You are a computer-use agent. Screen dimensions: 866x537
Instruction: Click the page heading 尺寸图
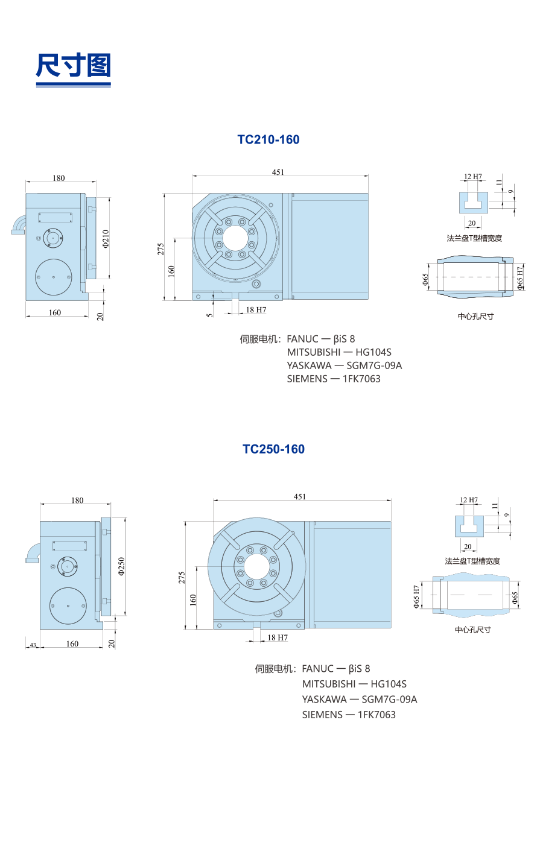pos(73,66)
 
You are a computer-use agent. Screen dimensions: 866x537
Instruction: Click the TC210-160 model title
pos(268,139)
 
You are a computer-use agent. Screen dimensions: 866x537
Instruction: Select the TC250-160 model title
pos(273,449)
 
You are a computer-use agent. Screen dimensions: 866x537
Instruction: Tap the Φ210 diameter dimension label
pos(106,238)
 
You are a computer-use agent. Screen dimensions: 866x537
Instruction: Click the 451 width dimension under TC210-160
pos(278,172)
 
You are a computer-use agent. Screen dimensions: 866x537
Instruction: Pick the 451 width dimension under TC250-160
pos(300,497)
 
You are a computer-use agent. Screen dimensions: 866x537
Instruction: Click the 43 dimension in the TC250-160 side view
pos(33,645)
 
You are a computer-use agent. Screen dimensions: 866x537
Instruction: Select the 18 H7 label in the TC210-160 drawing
pos(256,310)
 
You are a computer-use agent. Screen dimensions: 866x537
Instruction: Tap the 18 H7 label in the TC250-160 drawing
pos(278,637)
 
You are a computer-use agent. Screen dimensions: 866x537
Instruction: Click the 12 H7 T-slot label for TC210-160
pos(473,177)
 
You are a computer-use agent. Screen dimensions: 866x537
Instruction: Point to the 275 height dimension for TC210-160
pos(161,248)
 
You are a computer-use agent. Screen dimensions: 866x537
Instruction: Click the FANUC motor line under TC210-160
pos(321,339)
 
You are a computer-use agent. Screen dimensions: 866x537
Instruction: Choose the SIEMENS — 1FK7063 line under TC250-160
pos(349,715)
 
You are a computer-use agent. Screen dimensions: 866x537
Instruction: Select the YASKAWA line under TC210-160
pos(344,365)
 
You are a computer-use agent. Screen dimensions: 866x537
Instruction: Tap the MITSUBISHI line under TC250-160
pos(354,684)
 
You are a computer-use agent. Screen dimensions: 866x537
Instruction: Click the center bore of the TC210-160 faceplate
pos(236,237)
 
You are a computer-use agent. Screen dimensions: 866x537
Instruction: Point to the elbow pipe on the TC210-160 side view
pos(19,224)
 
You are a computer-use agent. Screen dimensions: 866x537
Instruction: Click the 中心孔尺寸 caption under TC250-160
pos(473,630)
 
